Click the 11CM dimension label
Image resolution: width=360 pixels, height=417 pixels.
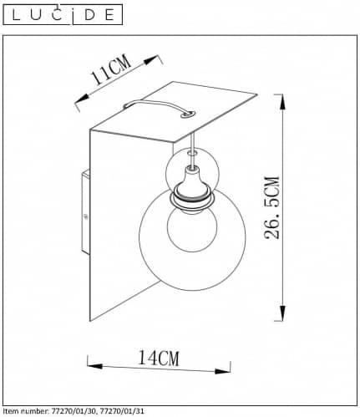(x=111, y=69)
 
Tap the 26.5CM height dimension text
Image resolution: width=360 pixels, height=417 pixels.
(x=271, y=207)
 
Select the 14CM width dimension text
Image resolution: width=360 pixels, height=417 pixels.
(x=159, y=358)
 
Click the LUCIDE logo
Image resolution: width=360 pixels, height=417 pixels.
(x=63, y=15)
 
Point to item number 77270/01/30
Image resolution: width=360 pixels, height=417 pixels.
(x=74, y=411)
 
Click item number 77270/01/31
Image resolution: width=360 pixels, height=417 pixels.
(x=122, y=411)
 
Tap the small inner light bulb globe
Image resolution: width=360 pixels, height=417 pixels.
(x=192, y=229)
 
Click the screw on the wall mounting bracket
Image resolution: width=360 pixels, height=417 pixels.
(x=86, y=216)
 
